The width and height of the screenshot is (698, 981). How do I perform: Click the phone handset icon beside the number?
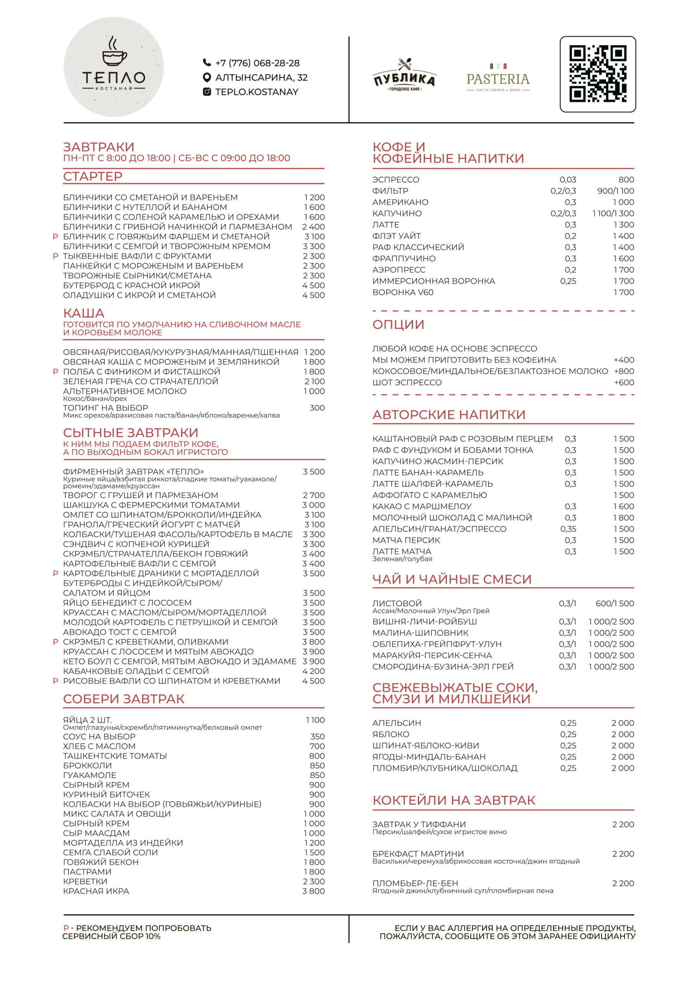point(207,63)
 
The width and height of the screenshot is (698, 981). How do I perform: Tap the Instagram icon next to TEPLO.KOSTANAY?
point(207,92)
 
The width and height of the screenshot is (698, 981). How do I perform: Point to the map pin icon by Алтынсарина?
point(207,77)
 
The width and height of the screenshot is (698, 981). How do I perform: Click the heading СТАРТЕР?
point(93,176)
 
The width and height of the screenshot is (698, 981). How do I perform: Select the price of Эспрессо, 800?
point(626,180)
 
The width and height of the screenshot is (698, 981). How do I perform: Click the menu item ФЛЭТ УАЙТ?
point(396,236)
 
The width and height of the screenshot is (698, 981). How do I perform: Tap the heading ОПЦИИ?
point(398,325)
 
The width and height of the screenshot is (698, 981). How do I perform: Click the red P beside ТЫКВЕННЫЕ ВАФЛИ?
point(55,256)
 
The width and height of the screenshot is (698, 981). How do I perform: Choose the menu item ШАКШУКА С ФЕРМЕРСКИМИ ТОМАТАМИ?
point(151,505)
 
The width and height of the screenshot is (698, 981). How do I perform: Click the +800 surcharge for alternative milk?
point(624,371)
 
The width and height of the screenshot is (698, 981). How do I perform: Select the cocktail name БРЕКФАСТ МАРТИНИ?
point(418,853)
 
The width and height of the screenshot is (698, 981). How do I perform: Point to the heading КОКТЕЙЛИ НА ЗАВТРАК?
point(453,800)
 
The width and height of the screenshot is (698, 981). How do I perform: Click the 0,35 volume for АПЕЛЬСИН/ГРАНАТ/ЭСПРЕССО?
point(568,529)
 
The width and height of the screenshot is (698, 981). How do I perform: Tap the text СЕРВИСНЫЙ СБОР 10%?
point(111,936)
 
